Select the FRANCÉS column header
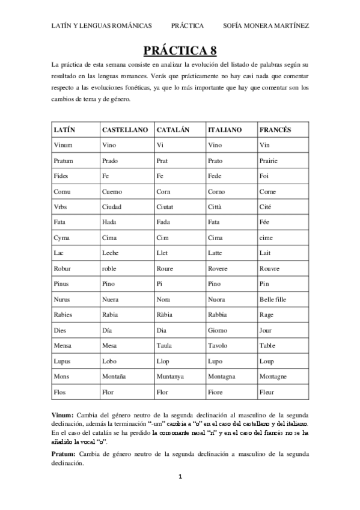click(x=275, y=129)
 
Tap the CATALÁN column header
click(x=173, y=129)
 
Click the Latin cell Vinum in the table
click(x=63, y=145)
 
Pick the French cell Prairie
click(x=269, y=161)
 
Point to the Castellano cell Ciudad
click(x=112, y=206)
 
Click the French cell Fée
click(x=264, y=222)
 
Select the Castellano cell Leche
click(x=111, y=253)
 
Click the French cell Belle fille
click(x=274, y=300)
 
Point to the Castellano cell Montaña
click(x=115, y=376)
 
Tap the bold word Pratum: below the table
click(x=63, y=453)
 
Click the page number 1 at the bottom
click(x=180, y=493)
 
